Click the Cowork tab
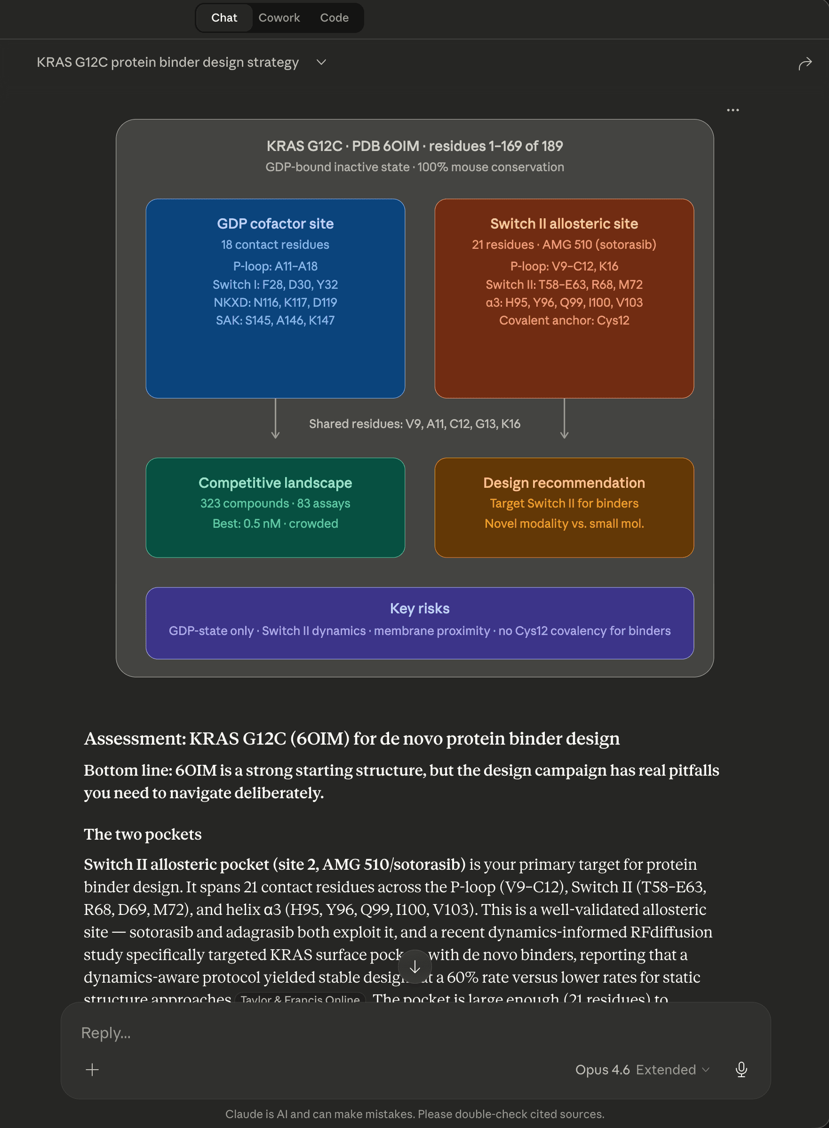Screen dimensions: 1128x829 [279, 17]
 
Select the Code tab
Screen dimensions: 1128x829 [334, 17]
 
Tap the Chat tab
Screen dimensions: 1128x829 [224, 17]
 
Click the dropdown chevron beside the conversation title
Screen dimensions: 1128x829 [322, 62]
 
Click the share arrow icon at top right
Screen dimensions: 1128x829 [805, 64]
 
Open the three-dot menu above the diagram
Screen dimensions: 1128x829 [733, 110]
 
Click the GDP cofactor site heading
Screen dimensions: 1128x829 [275, 223]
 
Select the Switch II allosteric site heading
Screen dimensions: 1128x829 [564, 223]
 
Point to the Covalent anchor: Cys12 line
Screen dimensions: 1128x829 [564, 320]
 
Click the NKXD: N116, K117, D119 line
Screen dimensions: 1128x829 [275, 302]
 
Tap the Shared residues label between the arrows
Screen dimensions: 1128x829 [414, 423]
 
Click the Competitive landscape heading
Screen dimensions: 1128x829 [275, 482]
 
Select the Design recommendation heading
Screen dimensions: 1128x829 [564, 482]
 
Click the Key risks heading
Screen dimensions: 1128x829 [420, 608]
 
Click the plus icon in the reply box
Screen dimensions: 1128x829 [92, 1069]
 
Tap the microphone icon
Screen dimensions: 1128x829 [741, 1069]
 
